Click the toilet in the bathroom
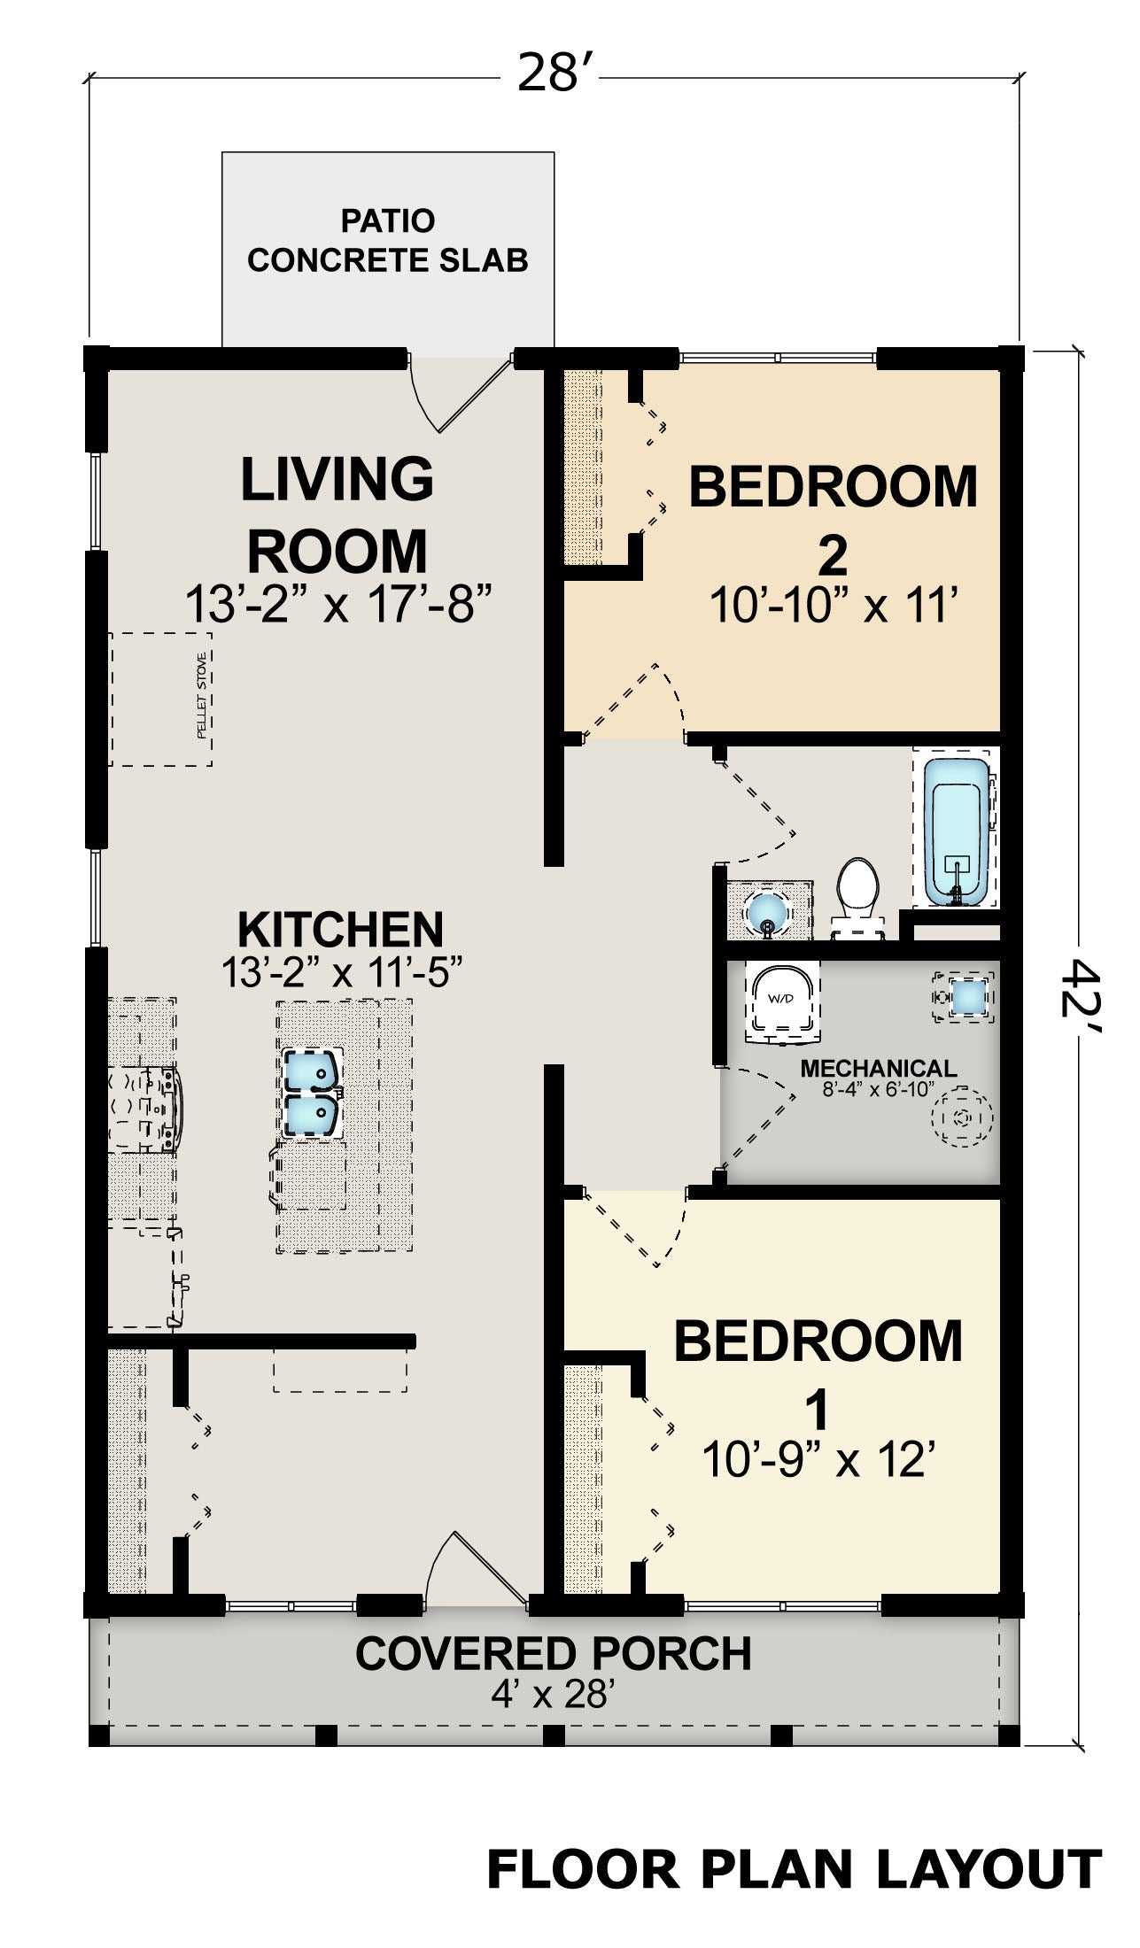click(857, 896)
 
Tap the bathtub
click(957, 832)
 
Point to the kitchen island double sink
click(312, 1093)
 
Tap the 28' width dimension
click(549, 73)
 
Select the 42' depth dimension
click(1082, 1000)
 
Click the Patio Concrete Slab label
click(387, 240)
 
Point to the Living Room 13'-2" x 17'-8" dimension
click(337, 605)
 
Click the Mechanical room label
click(878, 1069)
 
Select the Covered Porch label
click(553, 1653)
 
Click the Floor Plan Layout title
click(795, 1870)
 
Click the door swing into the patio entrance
click(461, 394)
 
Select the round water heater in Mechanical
click(961, 1117)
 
